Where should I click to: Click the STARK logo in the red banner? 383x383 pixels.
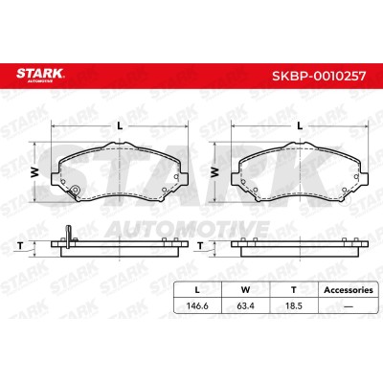[x=40, y=75]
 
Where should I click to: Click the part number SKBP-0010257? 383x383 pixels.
[x=319, y=76]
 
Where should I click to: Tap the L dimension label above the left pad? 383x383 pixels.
[x=120, y=126]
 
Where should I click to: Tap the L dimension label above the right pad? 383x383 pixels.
[x=300, y=126]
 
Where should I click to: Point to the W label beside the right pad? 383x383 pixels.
[x=214, y=172]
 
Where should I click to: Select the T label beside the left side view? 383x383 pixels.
[x=20, y=246]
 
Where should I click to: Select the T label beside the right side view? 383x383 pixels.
[x=200, y=246]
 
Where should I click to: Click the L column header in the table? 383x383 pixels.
[x=197, y=290]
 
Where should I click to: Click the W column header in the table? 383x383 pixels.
[x=245, y=290]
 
